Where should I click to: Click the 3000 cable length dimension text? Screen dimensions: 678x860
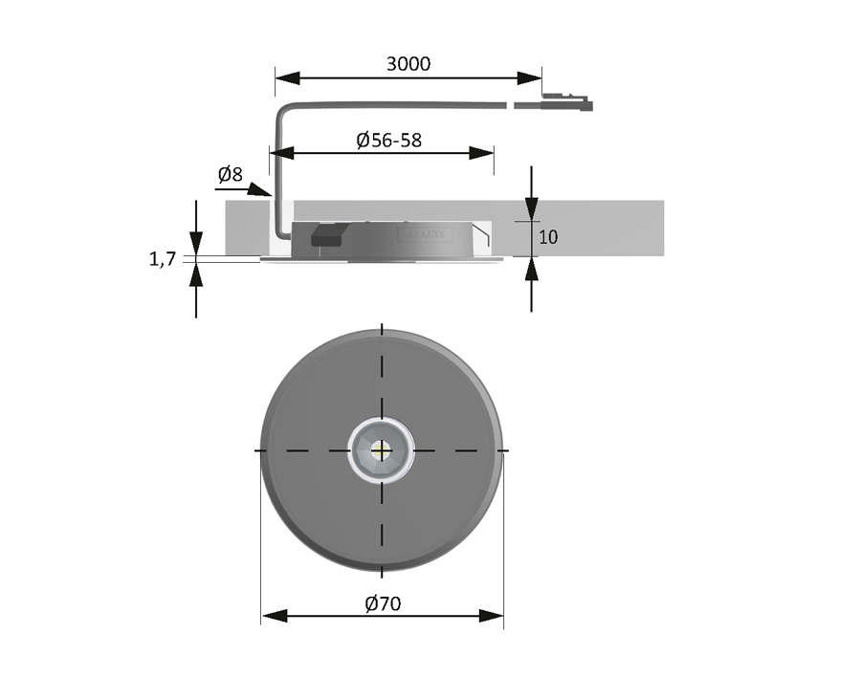pos(408,64)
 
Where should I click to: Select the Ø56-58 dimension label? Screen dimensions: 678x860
pos(388,140)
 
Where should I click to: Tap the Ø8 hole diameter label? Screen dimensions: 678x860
pos(230,174)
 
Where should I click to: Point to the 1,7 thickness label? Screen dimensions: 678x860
pos(163,258)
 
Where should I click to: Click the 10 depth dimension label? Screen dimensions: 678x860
pos(548,237)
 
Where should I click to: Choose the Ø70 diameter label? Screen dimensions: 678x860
pos(383,603)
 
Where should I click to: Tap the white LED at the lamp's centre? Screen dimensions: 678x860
pos(382,449)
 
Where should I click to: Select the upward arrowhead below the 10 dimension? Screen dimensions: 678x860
pos(532,269)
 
